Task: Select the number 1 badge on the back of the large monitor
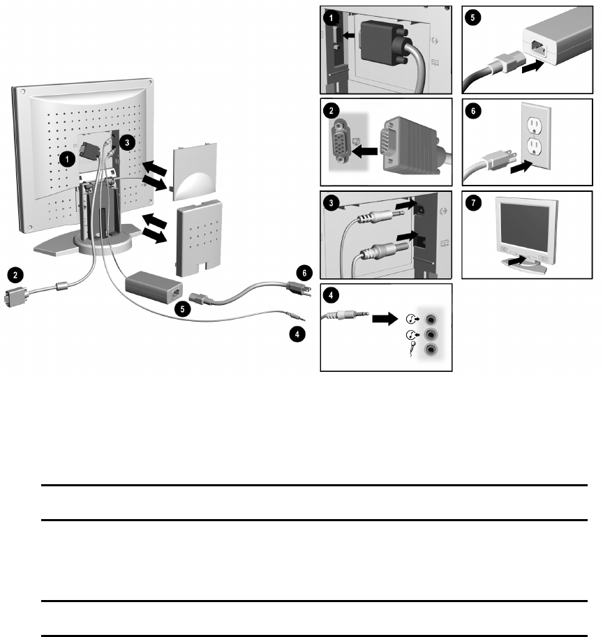[x=67, y=159]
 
